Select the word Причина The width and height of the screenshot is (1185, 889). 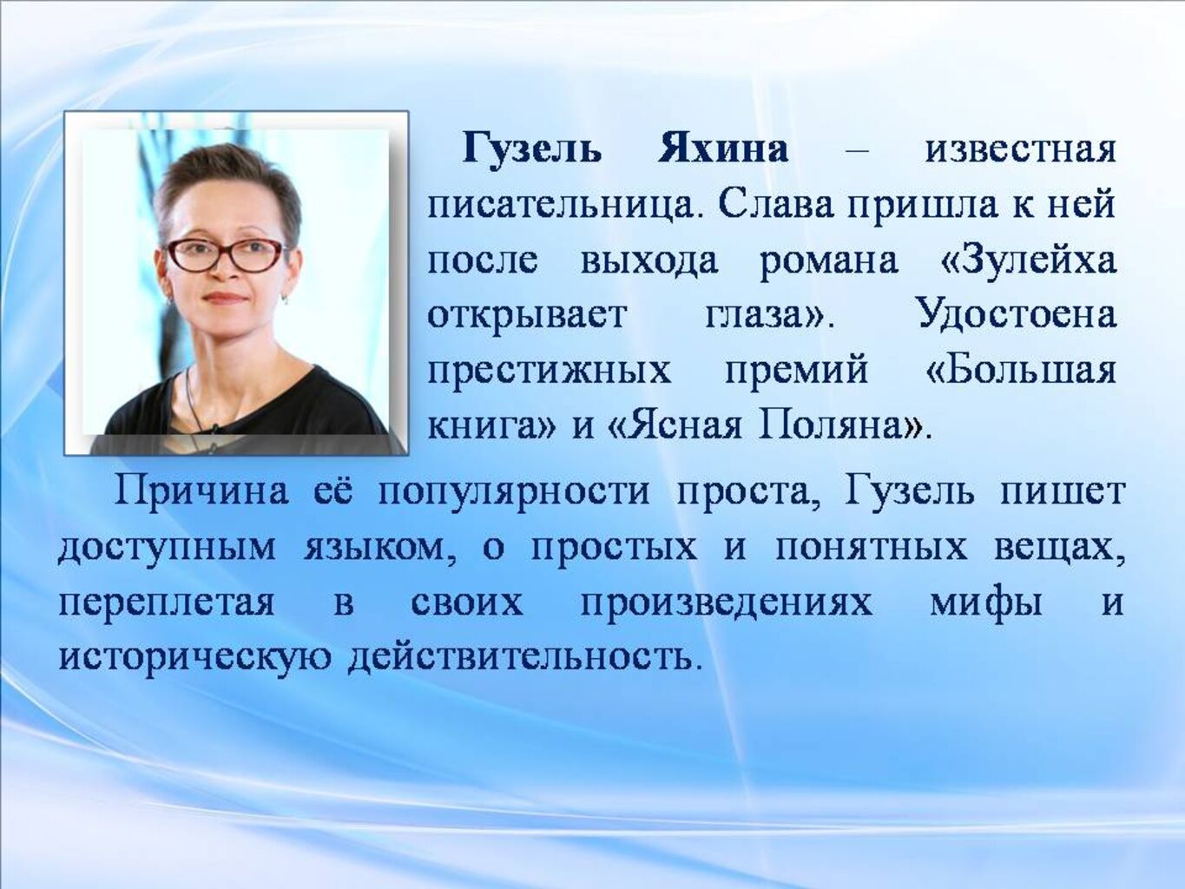201,492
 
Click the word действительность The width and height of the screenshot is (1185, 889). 520,658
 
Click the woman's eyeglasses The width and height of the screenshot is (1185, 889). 227,254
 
